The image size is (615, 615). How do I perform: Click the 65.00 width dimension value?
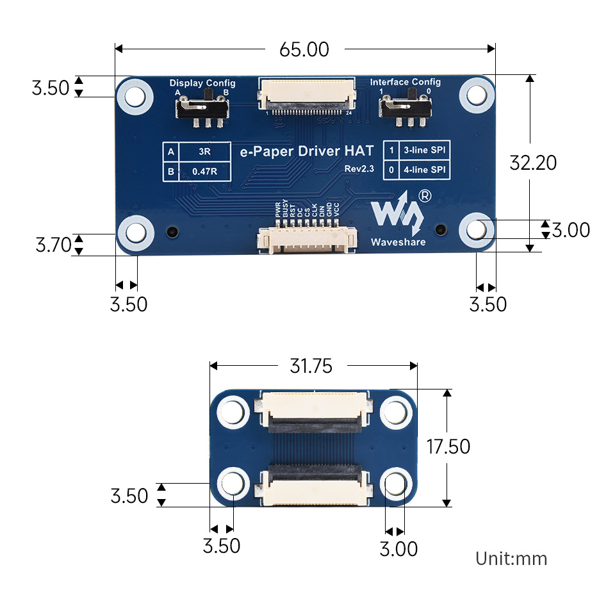point(304,49)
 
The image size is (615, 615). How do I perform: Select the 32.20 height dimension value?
point(533,163)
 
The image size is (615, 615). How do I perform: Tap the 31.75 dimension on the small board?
point(311,366)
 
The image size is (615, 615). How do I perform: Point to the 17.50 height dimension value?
point(448,446)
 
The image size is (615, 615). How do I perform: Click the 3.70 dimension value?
point(53,245)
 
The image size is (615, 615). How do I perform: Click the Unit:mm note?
point(511,559)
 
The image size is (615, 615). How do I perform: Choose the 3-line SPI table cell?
point(424,151)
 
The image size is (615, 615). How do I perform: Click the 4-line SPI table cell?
point(424,170)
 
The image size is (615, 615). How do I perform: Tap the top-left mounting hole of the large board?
point(135,96)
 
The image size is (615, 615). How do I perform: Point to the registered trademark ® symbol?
point(424,196)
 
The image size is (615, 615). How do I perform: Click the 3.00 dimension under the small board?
point(398,549)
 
